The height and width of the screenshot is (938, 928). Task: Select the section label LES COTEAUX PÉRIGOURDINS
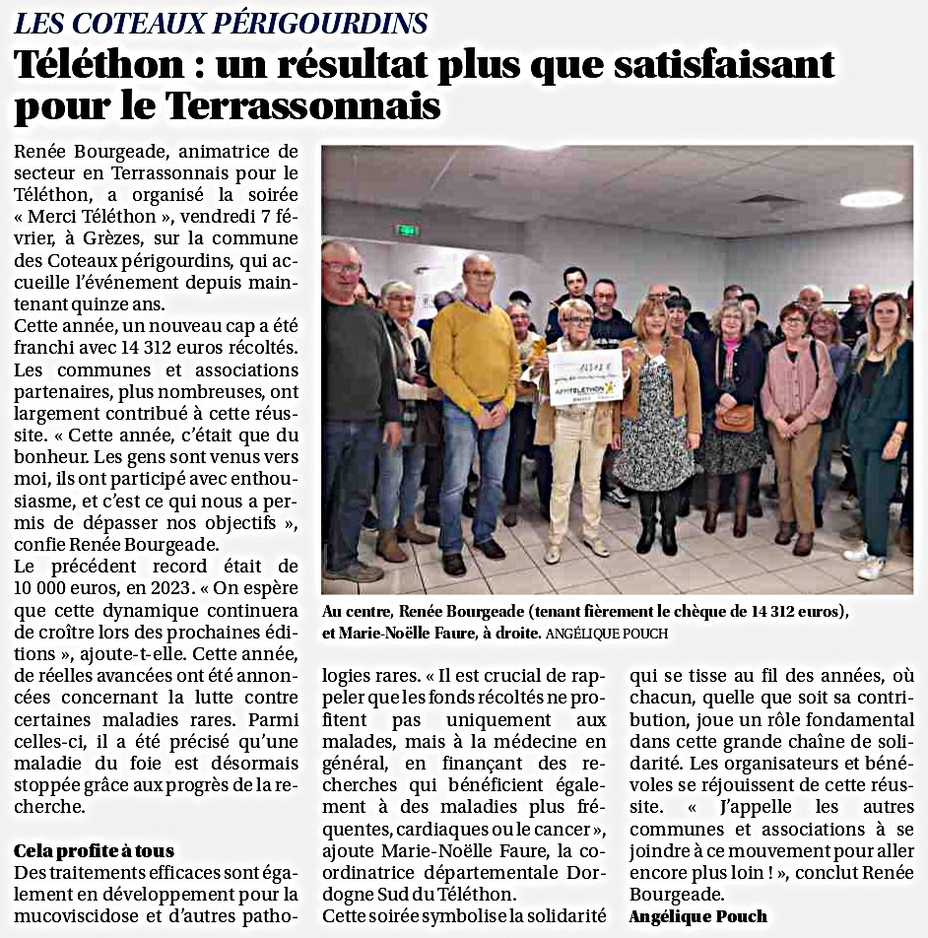(221, 23)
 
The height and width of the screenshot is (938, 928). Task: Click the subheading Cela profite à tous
(94, 850)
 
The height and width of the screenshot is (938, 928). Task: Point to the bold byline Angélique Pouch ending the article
(698, 916)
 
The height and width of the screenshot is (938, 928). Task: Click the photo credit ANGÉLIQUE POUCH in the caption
(607, 634)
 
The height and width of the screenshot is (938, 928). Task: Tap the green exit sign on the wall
(407, 231)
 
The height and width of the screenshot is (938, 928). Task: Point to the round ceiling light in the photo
(871, 199)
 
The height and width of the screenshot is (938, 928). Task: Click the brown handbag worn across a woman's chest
(734, 418)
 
